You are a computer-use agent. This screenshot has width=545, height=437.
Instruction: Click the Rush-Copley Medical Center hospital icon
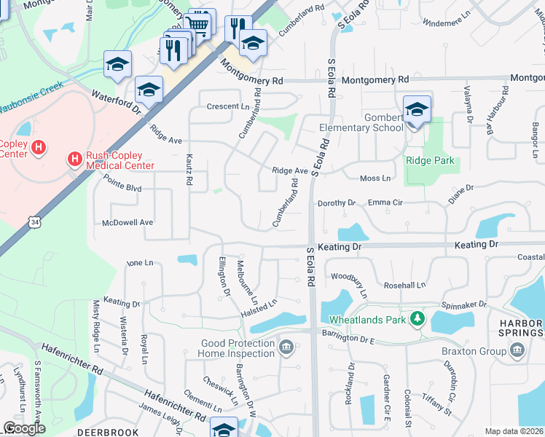click(74, 158)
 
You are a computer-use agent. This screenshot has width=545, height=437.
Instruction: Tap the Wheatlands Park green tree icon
click(417, 319)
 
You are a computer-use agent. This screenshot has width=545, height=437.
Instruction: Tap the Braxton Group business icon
click(518, 350)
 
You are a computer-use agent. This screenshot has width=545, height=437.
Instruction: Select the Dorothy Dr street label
click(336, 203)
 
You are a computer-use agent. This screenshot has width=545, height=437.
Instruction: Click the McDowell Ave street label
click(128, 222)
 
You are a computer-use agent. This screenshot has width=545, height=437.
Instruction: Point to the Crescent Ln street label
click(228, 106)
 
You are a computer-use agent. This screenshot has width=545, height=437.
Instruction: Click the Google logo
click(24, 428)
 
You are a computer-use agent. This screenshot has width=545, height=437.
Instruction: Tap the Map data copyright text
click(514, 431)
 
